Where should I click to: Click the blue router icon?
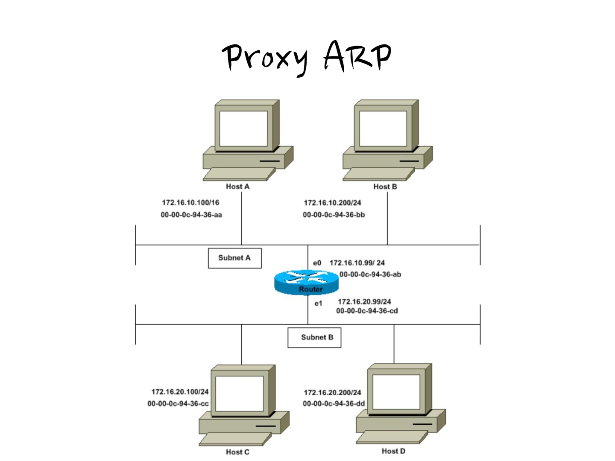pyautogui.click(x=306, y=282)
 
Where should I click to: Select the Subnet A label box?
pyautogui.click(x=234, y=258)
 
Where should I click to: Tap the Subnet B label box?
pyautogui.click(x=314, y=337)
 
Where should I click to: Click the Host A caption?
pyautogui.click(x=237, y=187)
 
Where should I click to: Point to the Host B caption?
pyautogui.click(x=385, y=187)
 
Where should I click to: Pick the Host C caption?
pyautogui.click(x=237, y=452)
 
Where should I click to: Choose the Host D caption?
pyautogui.click(x=393, y=451)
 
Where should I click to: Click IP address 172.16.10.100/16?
pyautogui.click(x=190, y=203)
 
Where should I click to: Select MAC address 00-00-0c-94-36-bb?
pyautogui.click(x=334, y=215)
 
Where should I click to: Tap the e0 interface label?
pyautogui.click(x=317, y=263)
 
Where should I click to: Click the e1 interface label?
pyautogui.click(x=318, y=303)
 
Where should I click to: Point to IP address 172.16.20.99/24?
pyautogui.click(x=364, y=301)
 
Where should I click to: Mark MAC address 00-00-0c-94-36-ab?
pyautogui.click(x=370, y=274)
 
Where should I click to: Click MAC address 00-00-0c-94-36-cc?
pyautogui.click(x=178, y=403)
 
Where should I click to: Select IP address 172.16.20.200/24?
pyautogui.click(x=332, y=392)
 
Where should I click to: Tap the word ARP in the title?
pyautogui.click(x=357, y=55)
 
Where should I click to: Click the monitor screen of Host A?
pyautogui.click(x=243, y=128)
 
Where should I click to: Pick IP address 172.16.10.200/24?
pyautogui.click(x=332, y=203)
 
